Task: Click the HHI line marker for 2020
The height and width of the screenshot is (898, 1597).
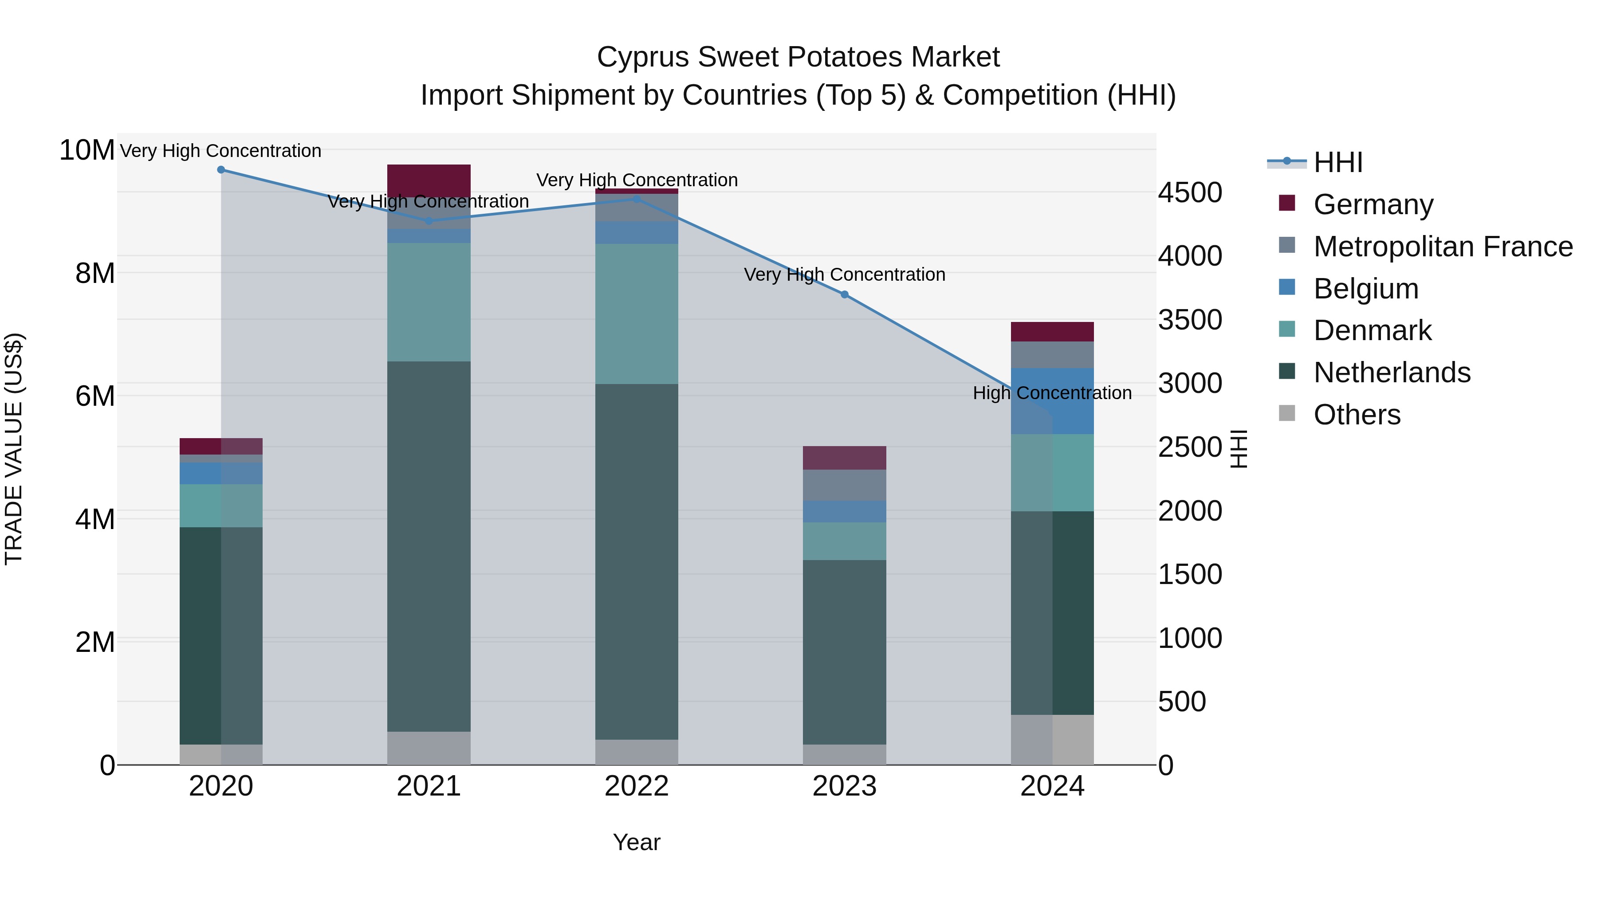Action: click(221, 169)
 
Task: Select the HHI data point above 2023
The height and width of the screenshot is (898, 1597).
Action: click(844, 294)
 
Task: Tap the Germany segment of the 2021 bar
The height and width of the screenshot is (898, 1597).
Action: click(429, 180)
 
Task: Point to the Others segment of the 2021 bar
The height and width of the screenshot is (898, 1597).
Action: click(429, 748)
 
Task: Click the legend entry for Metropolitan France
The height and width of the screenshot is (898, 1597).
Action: click(1443, 247)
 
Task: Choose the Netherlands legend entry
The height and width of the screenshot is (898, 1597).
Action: click(1392, 373)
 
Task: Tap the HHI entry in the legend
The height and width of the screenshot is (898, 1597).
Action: click(1338, 162)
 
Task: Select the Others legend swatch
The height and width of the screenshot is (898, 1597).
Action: click(1287, 413)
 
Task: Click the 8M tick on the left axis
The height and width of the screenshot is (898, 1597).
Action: click(95, 273)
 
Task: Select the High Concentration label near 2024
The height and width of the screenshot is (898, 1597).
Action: click(1052, 393)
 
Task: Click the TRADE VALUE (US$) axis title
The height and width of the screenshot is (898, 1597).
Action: click(14, 449)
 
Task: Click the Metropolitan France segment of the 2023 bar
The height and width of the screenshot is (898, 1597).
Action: click(844, 485)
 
